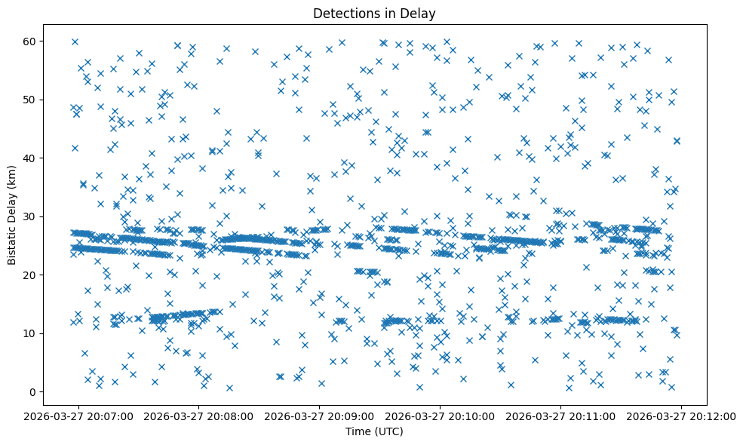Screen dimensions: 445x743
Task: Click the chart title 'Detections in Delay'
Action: pyautogui.click(x=374, y=13)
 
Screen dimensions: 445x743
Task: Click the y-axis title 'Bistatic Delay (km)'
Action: pyautogui.click(x=12, y=215)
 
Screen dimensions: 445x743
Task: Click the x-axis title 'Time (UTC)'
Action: pyautogui.click(x=374, y=431)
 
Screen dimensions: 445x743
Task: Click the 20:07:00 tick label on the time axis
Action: pyautogui.click(x=78, y=416)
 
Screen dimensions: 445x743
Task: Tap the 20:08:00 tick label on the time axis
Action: pyautogui.click(x=198, y=416)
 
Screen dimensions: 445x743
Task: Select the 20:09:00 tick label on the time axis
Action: pyautogui.click(x=319, y=416)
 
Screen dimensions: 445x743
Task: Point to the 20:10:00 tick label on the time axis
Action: pyautogui.click(x=440, y=416)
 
